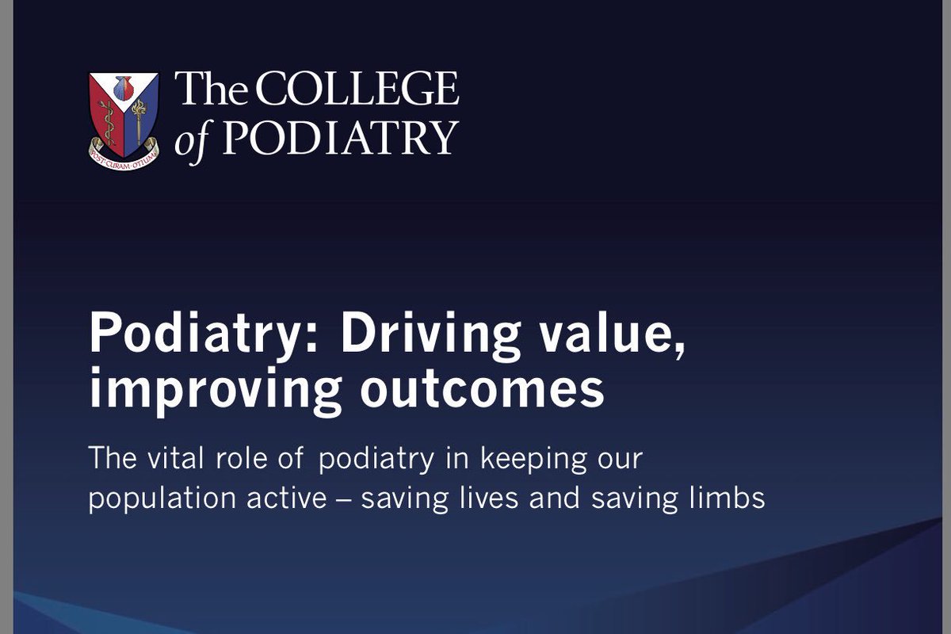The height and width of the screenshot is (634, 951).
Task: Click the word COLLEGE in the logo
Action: tap(357, 90)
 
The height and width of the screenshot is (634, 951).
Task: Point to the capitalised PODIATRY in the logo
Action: tap(339, 138)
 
